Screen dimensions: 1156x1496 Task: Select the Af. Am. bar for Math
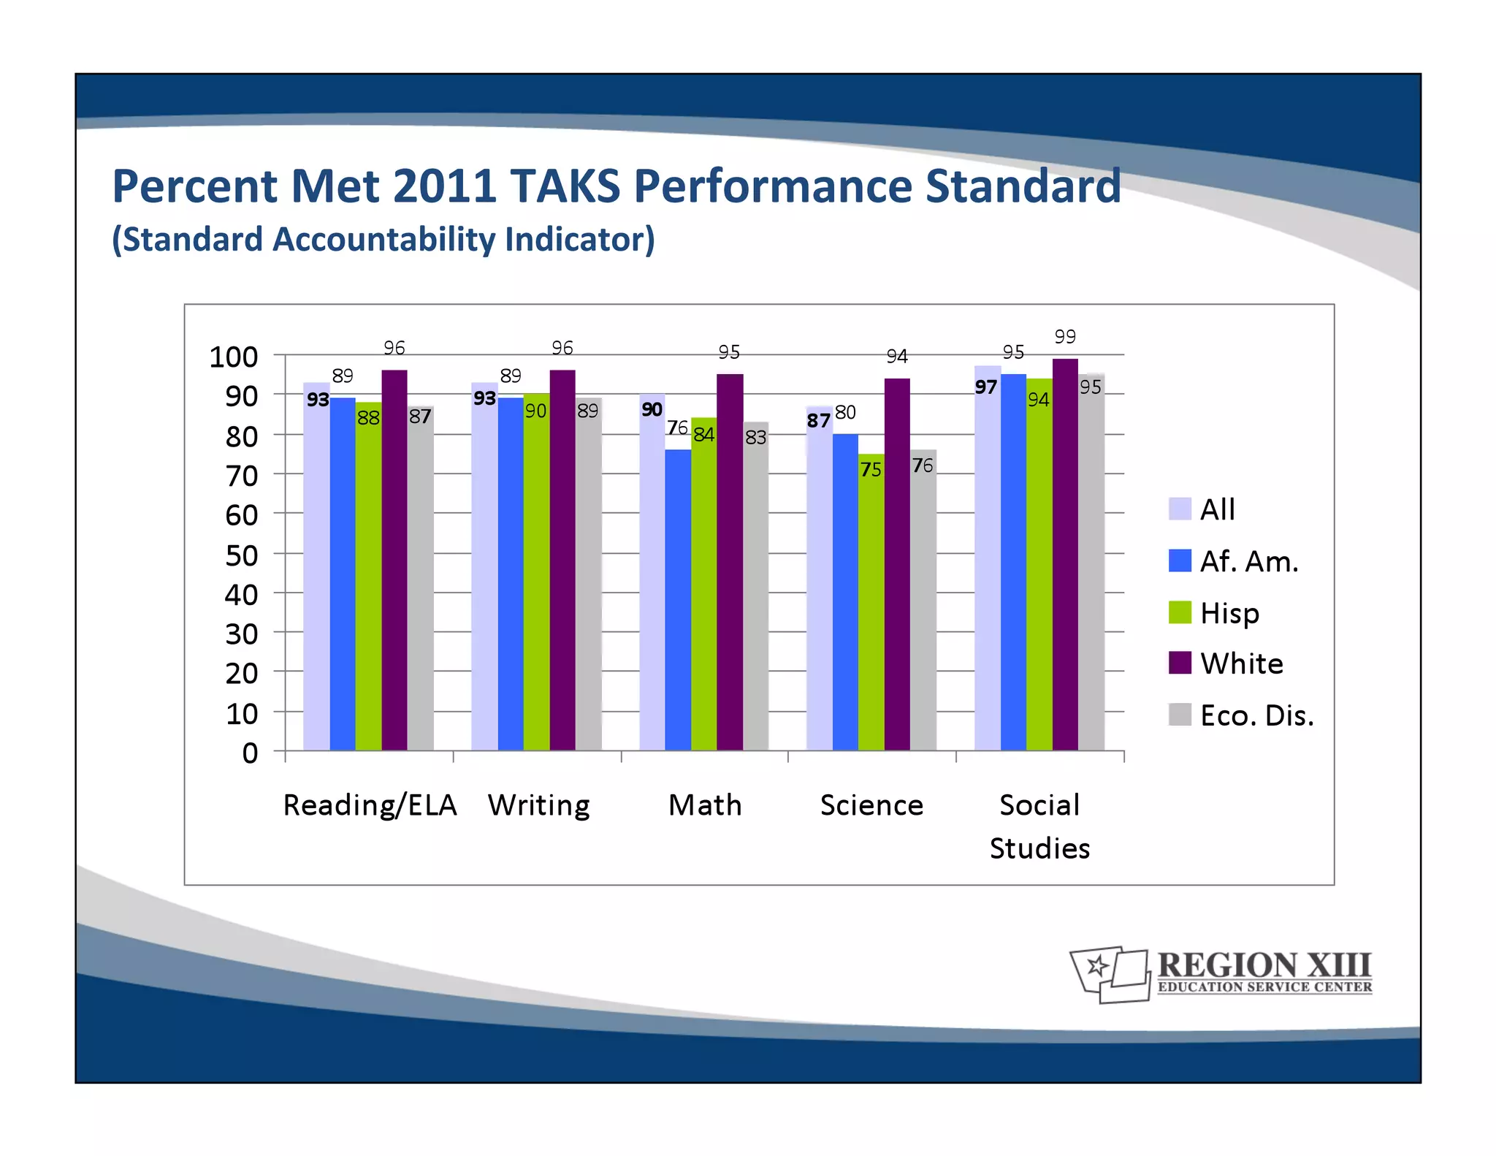[678, 599]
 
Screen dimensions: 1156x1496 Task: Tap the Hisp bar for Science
[871, 606]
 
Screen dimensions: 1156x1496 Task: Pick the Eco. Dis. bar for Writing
[589, 577]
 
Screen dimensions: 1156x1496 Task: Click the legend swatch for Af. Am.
[1180, 561]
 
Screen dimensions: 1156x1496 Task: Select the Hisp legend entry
[1230, 613]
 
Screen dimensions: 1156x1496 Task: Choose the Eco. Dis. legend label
[1256, 715]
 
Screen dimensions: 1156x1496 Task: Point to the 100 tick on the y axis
[234, 357]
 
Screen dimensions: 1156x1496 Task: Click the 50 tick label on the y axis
[241, 556]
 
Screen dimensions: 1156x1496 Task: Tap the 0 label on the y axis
[250, 753]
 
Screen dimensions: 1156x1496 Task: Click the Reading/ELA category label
[370, 805]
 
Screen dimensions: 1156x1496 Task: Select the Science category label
[871, 805]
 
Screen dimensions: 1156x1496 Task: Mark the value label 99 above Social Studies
[1065, 337]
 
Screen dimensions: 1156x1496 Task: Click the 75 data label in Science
[871, 470]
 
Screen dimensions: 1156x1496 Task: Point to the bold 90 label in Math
[652, 410]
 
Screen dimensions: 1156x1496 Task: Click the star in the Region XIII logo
[1096, 967]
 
